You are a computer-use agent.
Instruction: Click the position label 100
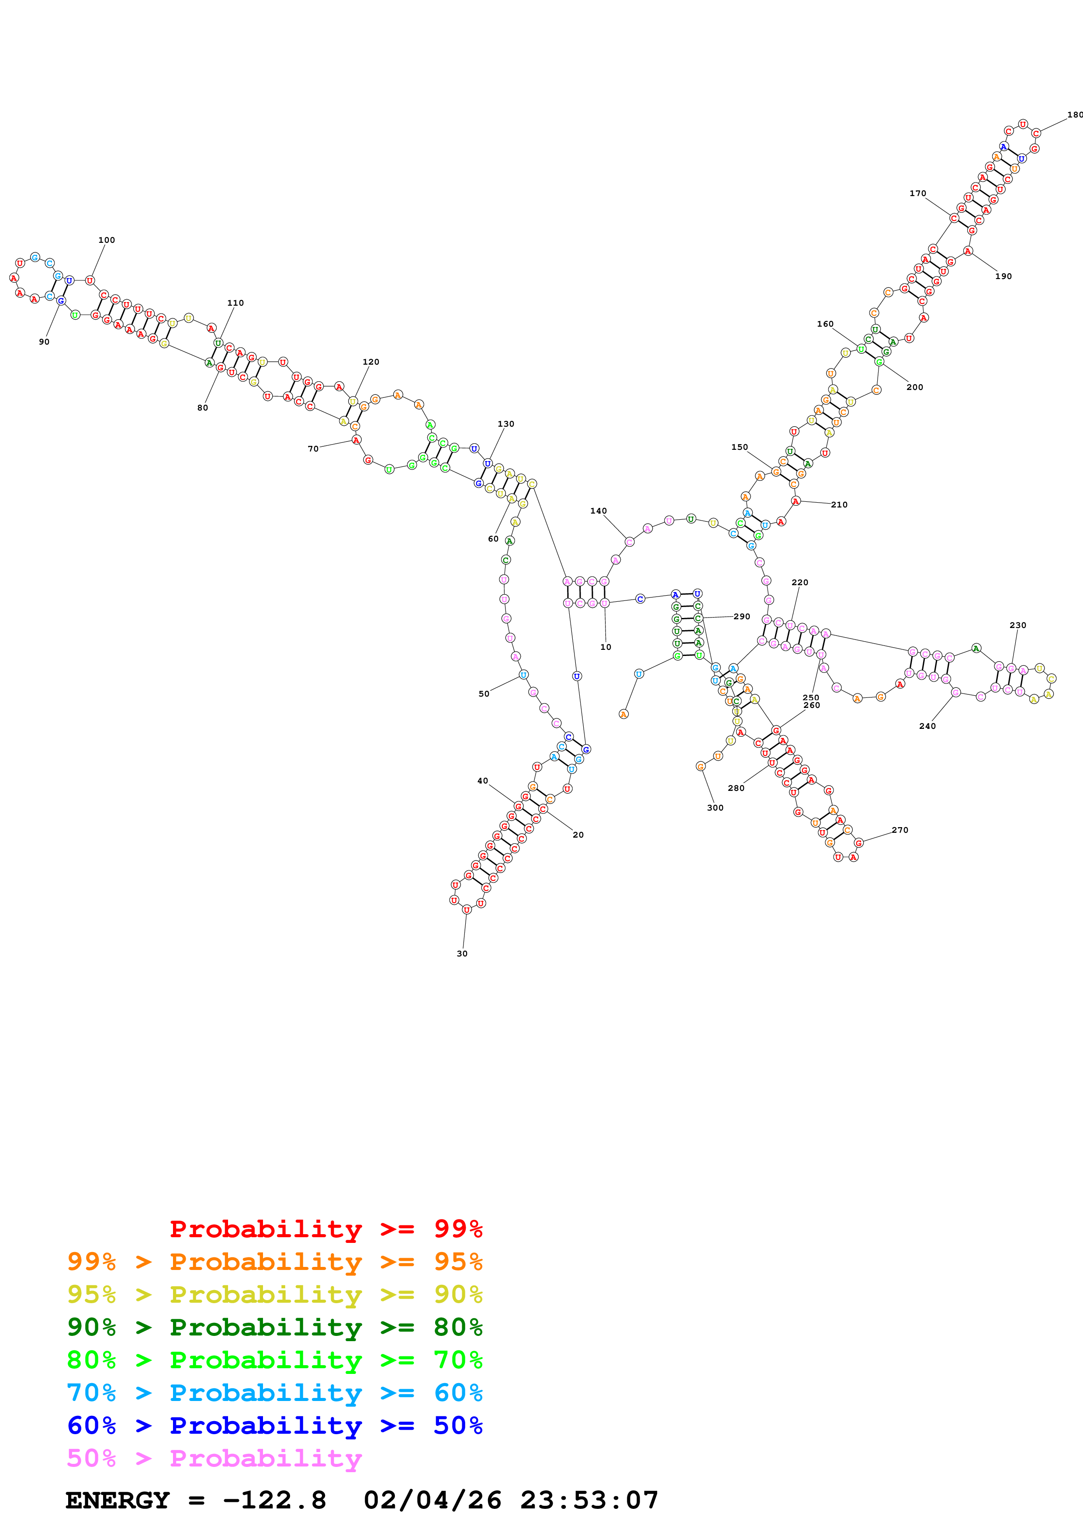107,240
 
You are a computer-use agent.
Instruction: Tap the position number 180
1074,115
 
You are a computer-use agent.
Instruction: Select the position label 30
462,953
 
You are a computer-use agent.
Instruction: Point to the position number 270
900,830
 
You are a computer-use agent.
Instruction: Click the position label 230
1017,625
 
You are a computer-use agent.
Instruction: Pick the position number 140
599,511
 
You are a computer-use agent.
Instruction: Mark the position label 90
44,342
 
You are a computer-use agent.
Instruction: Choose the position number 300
715,807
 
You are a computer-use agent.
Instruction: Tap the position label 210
839,504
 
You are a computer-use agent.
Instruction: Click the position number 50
484,694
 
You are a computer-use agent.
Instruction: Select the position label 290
741,617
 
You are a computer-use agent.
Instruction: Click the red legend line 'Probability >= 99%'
325,1229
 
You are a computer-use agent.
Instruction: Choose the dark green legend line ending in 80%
274,1327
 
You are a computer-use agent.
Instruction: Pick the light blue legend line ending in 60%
274,1393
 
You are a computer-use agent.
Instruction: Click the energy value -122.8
274,1501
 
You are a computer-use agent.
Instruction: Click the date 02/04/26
433,1501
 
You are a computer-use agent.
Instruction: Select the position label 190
1003,276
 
